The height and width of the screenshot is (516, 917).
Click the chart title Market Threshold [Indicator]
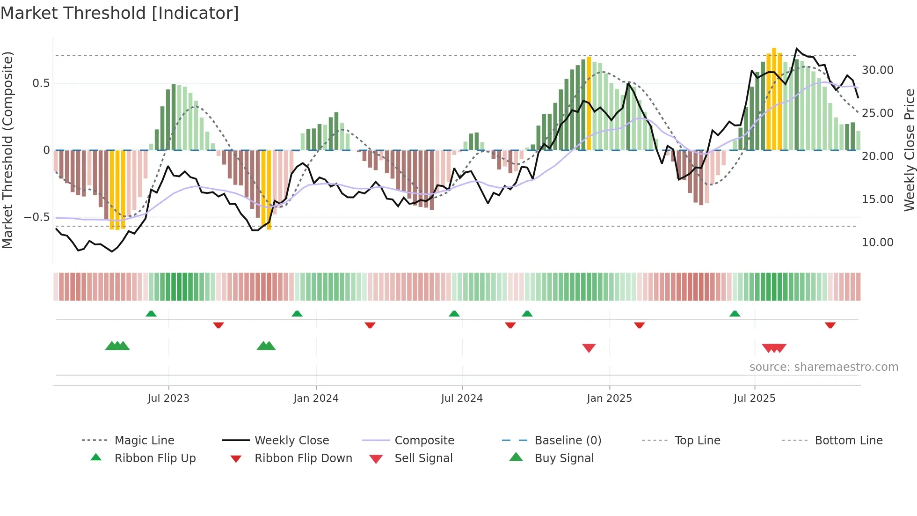tap(120, 13)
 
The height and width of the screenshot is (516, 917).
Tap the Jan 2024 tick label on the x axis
tap(316, 398)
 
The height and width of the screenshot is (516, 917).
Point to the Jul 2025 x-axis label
tap(754, 398)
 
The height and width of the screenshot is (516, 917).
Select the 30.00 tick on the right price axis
tap(877, 70)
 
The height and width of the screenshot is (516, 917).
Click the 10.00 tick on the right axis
tap(877, 243)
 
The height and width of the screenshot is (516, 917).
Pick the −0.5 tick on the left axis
tap(37, 217)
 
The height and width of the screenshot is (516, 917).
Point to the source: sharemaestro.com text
tap(823, 367)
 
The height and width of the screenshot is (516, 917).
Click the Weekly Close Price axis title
tap(909, 150)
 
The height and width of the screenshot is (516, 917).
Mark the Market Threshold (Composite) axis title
tap(7, 150)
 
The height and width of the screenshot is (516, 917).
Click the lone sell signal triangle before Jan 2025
tap(589, 348)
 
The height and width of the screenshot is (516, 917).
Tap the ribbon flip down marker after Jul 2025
tap(830, 325)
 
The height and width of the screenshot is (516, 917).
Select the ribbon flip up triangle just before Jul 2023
tap(151, 314)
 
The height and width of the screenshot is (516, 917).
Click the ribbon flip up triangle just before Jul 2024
tap(454, 314)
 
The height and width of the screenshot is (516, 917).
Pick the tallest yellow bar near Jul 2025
tap(774, 98)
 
